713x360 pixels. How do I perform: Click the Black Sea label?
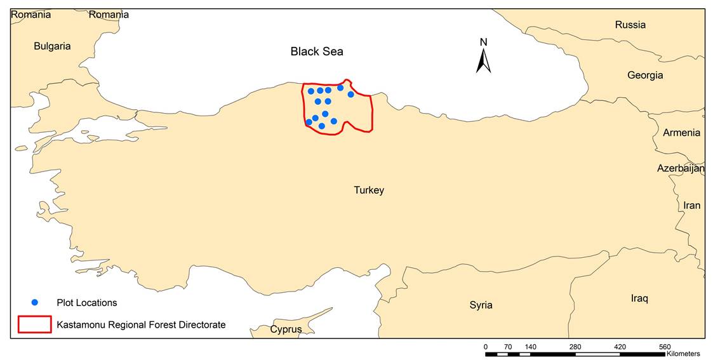click(x=317, y=51)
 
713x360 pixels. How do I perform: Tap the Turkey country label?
click(x=369, y=190)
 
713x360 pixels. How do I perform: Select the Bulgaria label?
click(x=52, y=46)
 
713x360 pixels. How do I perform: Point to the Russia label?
click(x=630, y=25)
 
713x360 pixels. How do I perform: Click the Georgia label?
click(x=645, y=75)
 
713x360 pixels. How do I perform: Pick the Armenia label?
click(x=681, y=133)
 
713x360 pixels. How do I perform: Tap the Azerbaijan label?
click(x=681, y=168)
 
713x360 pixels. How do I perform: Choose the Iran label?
click(x=691, y=205)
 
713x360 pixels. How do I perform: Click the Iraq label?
click(x=639, y=298)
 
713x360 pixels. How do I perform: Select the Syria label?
click(x=481, y=305)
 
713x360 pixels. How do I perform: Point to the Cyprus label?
click(x=286, y=329)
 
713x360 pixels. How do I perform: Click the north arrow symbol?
click(x=484, y=61)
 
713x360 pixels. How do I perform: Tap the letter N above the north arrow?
click(x=484, y=43)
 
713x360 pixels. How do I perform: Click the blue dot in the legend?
click(x=36, y=302)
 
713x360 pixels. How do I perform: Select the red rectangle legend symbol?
click(x=34, y=324)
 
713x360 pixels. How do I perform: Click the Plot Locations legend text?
click(x=87, y=303)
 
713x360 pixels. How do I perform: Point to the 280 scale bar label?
click(x=575, y=347)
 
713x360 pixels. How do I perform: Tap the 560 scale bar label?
click(x=665, y=347)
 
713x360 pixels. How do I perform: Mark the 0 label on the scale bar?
click(x=486, y=347)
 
